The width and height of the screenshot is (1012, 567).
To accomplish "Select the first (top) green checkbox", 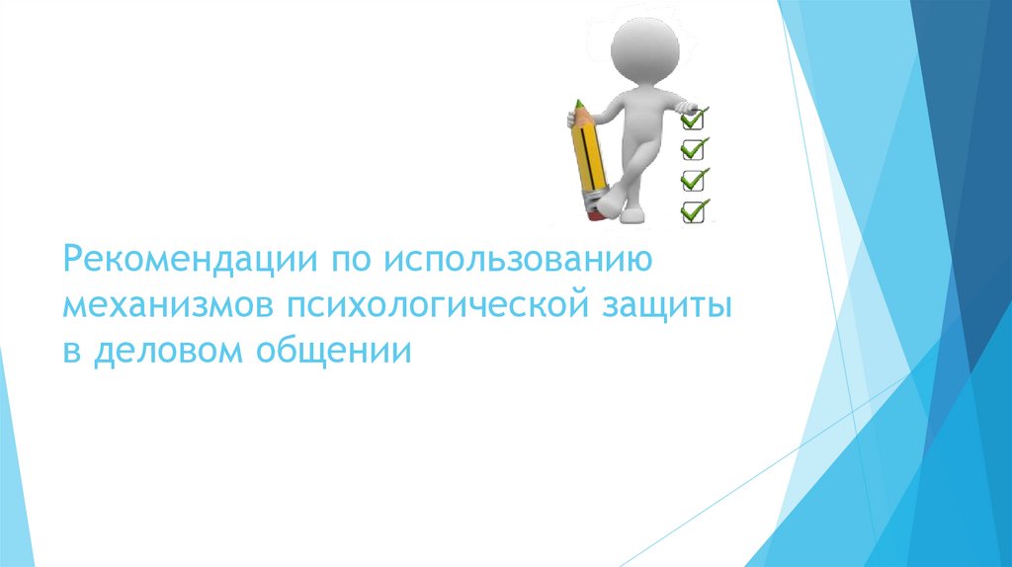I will click(x=694, y=120).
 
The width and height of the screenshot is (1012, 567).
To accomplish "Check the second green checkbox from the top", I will click(x=694, y=149).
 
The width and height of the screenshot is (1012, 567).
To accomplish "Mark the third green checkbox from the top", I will click(x=694, y=180).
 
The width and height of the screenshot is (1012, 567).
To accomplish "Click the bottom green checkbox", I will click(x=694, y=210).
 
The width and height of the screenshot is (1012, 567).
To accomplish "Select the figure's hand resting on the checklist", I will click(x=686, y=107).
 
